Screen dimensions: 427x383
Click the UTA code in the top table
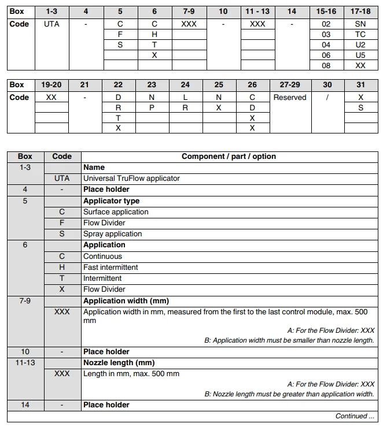click(51, 24)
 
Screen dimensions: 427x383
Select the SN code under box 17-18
click(360, 24)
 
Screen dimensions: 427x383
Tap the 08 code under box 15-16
click(326, 65)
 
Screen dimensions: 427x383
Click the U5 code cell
click(360, 55)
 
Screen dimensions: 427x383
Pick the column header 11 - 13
click(257, 11)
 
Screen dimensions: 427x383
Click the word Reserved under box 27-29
click(290, 97)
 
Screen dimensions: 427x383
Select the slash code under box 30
click(327, 97)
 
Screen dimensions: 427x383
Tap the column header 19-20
click(51, 85)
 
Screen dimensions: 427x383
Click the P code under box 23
click(152, 107)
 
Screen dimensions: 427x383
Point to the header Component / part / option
click(229, 156)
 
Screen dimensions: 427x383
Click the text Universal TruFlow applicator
click(131, 178)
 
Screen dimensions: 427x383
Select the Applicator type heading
click(111, 200)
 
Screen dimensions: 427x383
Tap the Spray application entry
click(112, 233)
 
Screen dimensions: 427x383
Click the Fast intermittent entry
click(111, 267)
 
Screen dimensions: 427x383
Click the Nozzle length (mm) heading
click(119, 362)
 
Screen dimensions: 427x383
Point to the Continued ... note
click(355, 415)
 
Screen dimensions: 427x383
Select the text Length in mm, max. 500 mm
click(131, 373)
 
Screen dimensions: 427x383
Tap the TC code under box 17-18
click(360, 34)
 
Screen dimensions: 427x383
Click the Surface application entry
click(116, 211)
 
